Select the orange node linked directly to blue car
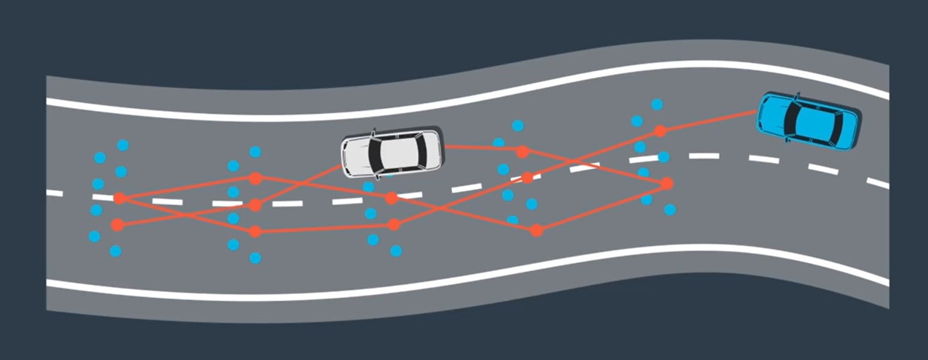(660, 131)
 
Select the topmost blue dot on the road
(657, 104)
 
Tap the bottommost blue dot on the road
(256, 258)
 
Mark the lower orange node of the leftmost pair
(117, 224)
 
